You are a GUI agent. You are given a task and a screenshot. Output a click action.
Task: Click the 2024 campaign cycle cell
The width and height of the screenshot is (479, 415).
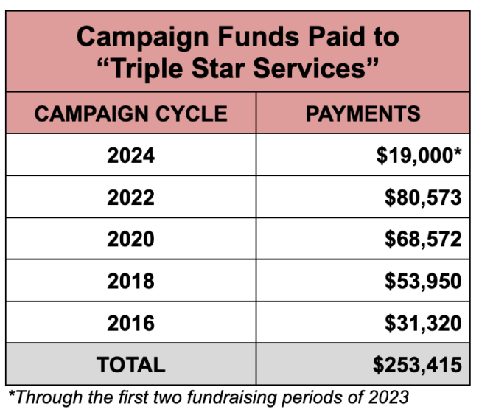(130, 156)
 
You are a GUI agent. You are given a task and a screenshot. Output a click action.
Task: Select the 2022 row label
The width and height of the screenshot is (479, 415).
(130, 198)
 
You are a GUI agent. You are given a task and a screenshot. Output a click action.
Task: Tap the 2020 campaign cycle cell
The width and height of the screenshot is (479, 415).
(130, 240)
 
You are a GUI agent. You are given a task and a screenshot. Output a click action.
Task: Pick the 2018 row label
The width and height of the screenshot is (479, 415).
(130, 282)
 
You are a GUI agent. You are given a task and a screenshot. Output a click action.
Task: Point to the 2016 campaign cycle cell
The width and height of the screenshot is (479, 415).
(130, 323)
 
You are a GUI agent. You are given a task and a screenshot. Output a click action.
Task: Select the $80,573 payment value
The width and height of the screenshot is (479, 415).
(423, 198)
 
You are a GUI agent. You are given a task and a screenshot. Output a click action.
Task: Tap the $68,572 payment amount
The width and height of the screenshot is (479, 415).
(423, 240)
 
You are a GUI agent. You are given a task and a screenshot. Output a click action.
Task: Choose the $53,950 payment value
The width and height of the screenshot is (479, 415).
(423, 282)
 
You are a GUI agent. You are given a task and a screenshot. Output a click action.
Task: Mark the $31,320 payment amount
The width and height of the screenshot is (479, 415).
(423, 323)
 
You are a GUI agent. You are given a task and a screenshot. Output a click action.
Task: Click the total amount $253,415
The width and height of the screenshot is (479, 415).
(417, 364)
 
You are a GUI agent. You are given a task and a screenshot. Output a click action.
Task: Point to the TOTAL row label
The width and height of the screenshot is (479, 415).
(130, 364)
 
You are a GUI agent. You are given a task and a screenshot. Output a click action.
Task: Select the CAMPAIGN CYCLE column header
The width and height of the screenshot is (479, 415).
(130, 114)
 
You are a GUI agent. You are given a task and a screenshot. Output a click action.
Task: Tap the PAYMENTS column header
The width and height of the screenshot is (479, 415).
(363, 114)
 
